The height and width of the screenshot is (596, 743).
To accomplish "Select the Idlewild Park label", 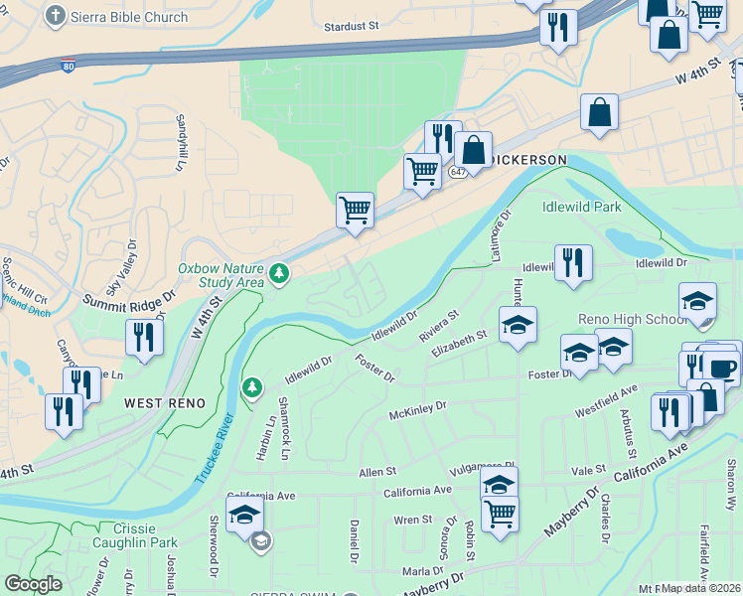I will click(x=581, y=207).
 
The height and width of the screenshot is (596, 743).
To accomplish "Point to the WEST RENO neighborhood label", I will click(x=165, y=403).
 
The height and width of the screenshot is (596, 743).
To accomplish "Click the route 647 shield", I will click(x=457, y=172).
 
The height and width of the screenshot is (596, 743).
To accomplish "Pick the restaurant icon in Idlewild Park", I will click(x=573, y=263).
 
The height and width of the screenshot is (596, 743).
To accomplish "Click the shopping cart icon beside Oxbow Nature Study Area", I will click(x=355, y=211).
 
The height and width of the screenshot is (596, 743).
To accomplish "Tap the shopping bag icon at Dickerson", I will click(x=474, y=151).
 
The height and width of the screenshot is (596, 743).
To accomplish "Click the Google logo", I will click(x=33, y=583).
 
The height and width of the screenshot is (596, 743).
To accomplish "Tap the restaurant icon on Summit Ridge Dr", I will click(x=144, y=338).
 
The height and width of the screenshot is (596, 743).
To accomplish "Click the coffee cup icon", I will click(x=720, y=368).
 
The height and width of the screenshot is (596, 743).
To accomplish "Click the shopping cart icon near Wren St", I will click(x=500, y=515).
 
